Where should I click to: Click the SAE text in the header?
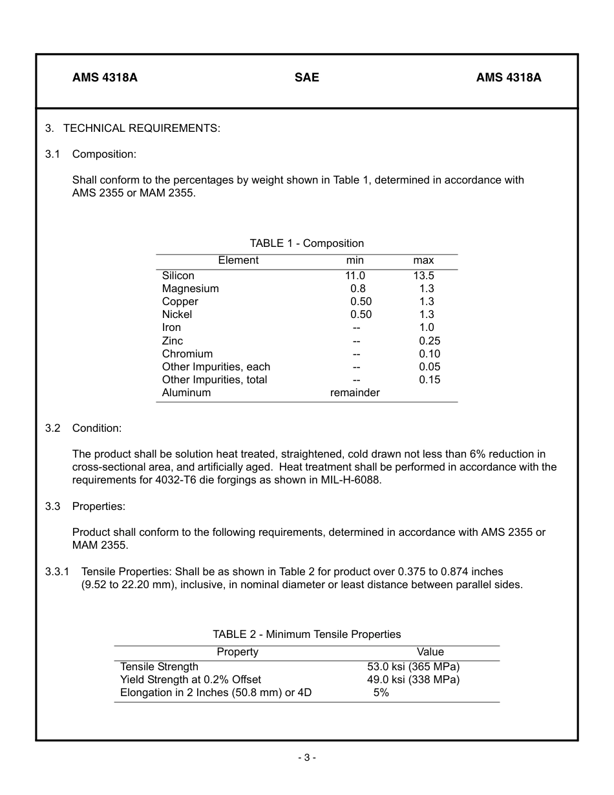[307, 78]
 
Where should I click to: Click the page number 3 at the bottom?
[307, 758]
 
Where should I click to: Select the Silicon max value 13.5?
[424, 276]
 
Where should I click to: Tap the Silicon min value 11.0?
[355, 276]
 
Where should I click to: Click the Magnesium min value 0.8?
[357, 289]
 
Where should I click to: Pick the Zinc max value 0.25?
[430, 341]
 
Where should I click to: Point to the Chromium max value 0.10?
[430, 354]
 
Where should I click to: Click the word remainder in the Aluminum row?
[355, 392]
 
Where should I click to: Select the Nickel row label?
[177, 315]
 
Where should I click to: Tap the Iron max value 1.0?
[427, 328]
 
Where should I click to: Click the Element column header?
[238, 260]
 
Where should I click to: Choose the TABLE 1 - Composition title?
[306, 244]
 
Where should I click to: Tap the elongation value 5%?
[381, 693]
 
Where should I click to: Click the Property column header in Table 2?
[237, 652]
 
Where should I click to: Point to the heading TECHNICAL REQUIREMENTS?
[142, 128]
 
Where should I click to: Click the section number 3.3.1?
[57, 571]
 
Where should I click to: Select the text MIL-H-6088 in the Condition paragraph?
[354, 480]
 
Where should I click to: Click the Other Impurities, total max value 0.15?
[430, 379]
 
